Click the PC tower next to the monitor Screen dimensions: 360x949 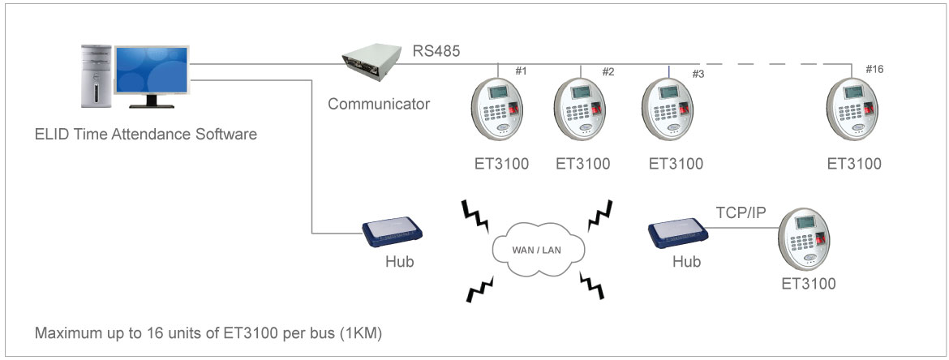point(96,77)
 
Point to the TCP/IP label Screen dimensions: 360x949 point(741,212)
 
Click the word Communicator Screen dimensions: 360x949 point(379,104)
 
